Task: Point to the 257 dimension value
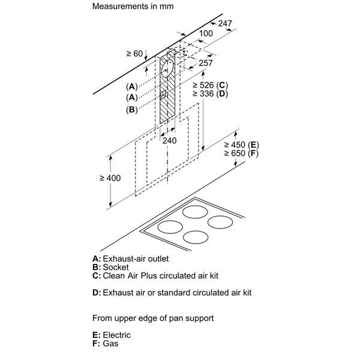coord(206,63)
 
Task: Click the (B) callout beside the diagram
coord(131,109)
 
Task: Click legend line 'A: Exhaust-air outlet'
coord(135,259)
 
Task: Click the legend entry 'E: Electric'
coord(111,335)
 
